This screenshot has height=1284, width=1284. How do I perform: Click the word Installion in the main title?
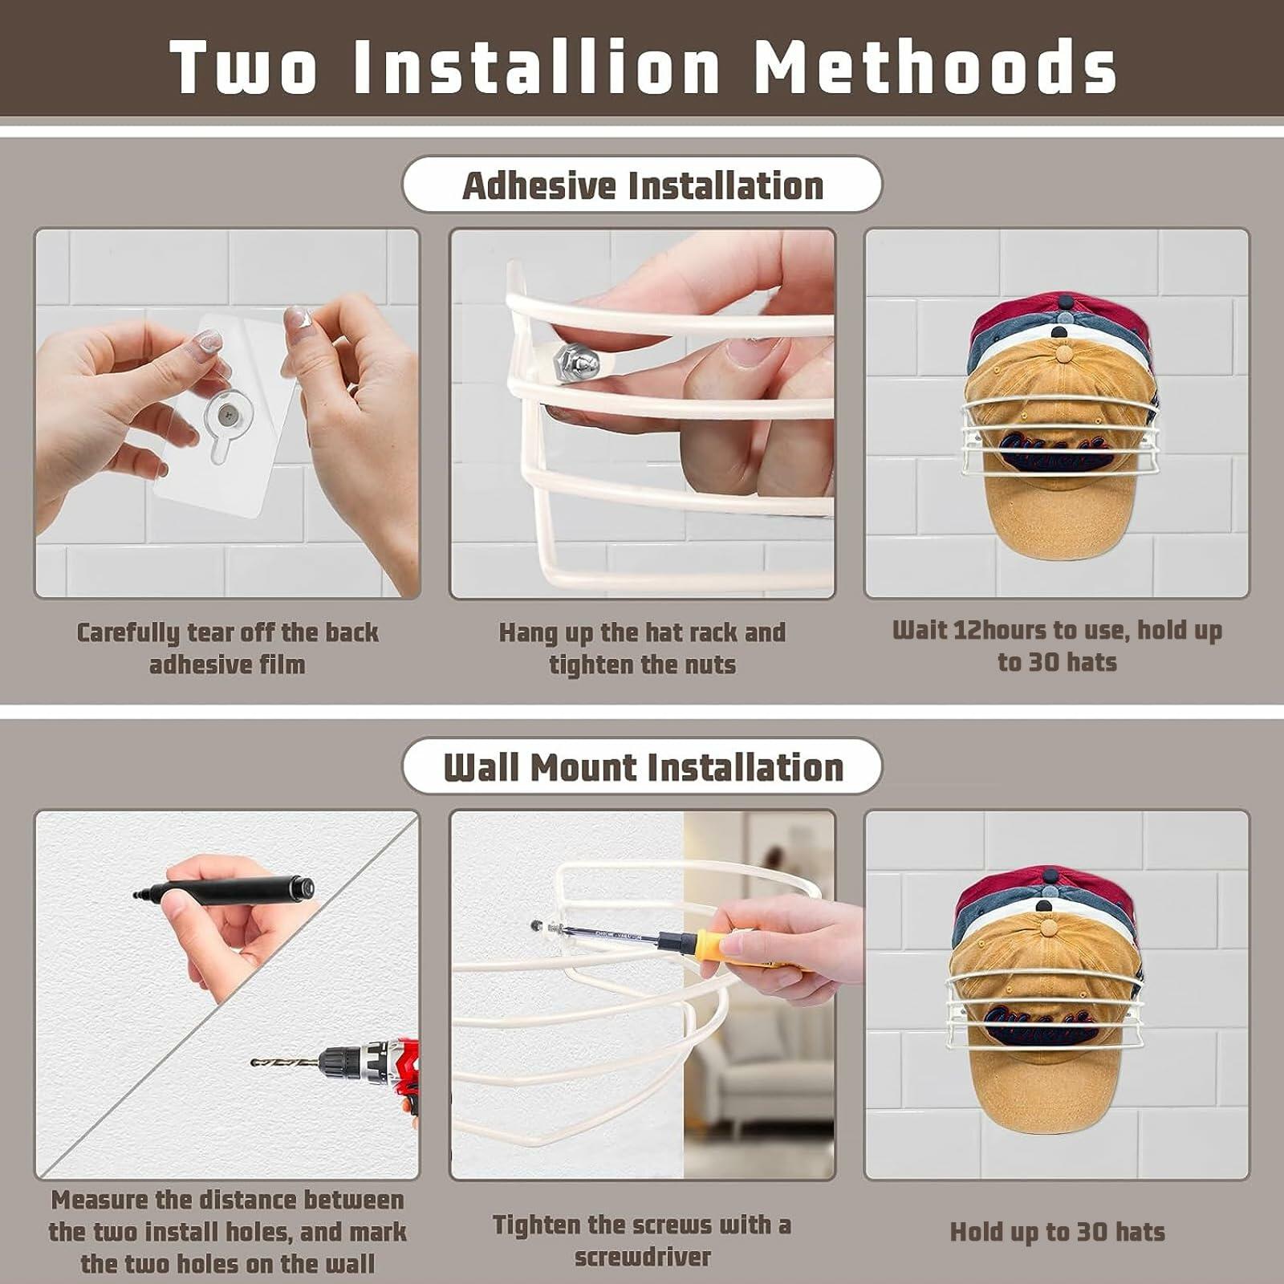point(537,66)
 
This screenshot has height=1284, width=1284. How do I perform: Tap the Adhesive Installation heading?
point(643,186)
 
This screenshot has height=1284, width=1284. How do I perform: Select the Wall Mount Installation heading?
point(643,767)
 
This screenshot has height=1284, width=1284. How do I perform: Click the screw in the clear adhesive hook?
point(231,415)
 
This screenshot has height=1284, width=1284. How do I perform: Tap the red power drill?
point(371,1071)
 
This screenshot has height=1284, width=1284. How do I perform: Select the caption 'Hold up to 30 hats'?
point(1057,1232)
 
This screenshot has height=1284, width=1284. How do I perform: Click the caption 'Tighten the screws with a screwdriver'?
point(642,1241)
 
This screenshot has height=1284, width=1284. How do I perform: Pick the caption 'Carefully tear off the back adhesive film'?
point(227,648)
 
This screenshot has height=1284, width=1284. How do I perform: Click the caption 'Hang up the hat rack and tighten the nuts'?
point(642,648)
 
